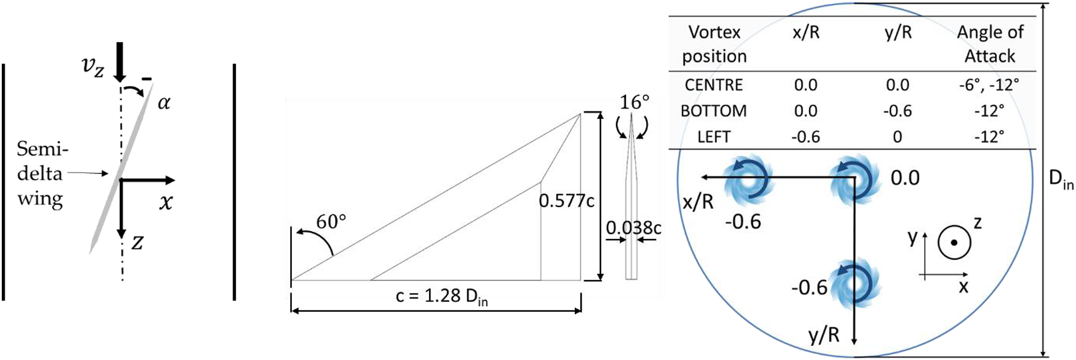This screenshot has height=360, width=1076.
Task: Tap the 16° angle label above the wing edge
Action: pos(634,102)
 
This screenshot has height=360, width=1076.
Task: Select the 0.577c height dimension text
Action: pos(566,201)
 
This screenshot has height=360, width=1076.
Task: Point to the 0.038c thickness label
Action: pos(634,228)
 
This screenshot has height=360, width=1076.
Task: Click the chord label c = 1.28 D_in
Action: pos(442,297)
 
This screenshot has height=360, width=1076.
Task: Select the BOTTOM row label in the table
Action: pos(714,111)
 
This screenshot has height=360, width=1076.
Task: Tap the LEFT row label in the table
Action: pos(714,137)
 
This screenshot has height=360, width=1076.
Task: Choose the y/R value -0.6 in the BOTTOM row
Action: pos(897,111)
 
